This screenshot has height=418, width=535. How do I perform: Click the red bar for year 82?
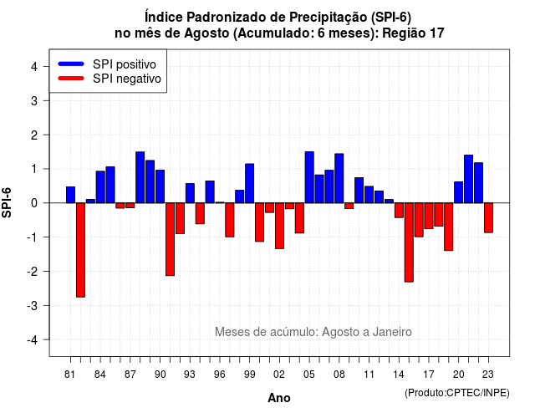[80, 250]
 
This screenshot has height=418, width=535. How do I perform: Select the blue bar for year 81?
[70, 195]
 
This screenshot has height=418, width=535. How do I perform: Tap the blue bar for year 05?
[309, 177]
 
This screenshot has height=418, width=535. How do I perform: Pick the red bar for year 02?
[279, 226]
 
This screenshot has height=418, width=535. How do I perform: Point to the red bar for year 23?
[488, 217]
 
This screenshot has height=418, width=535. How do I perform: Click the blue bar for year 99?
[249, 183]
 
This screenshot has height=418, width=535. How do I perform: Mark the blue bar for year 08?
[339, 178]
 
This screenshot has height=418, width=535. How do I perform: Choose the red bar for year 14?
[399, 210]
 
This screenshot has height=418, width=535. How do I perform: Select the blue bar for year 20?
[459, 192]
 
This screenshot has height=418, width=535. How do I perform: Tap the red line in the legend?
[71, 79]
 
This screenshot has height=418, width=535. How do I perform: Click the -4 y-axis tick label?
[33, 339]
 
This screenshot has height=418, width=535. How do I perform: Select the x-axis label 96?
[220, 375]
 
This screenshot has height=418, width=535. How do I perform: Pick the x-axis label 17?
[429, 375]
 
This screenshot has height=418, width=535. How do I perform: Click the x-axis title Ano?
[279, 398]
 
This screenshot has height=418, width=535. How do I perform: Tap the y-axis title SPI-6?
[7, 202]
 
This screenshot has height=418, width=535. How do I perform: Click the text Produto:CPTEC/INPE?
[457, 393]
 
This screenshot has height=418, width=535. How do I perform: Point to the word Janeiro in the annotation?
[392, 332]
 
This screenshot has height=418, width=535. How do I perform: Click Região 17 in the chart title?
[413, 33]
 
